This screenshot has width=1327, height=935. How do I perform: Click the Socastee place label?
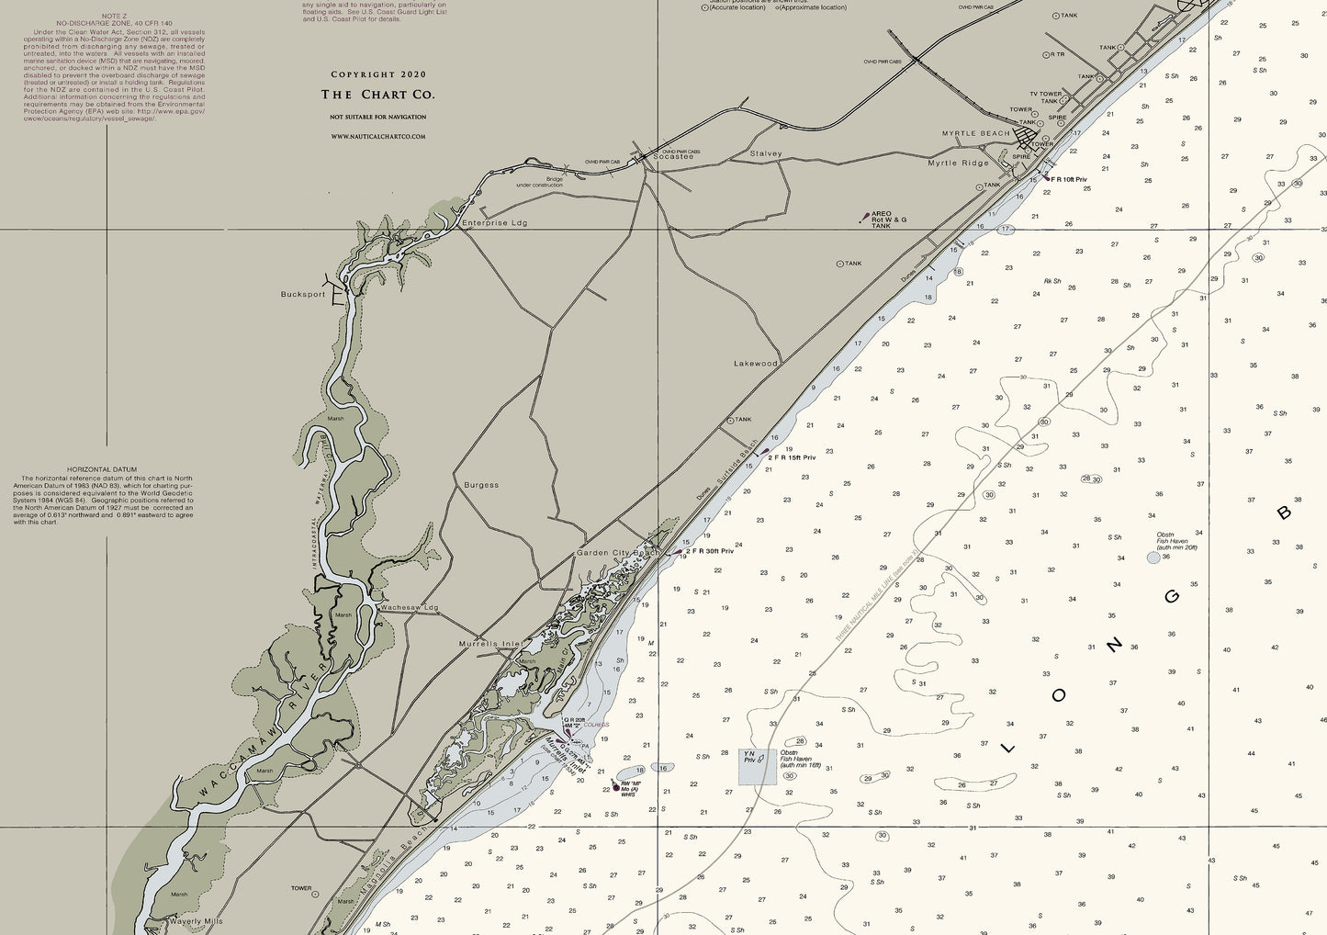[x=673, y=156]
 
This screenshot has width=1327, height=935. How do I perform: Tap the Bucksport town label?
[x=303, y=295]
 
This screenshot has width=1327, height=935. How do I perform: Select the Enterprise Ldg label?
[x=494, y=223]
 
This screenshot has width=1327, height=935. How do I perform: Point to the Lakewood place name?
[x=755, y=364]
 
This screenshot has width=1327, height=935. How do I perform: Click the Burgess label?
[x=481, y=485]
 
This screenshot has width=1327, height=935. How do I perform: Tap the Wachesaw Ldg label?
[x=410, y=608]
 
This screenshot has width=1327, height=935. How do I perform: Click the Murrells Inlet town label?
[x=490, y=644]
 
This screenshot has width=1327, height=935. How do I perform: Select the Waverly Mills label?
[x=196, y=921]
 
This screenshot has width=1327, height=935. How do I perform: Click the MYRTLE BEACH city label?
[x=975, y=133]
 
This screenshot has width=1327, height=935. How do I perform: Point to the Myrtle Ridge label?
[x=958, y=163]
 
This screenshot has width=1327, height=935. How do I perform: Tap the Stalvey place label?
[x=766, y=153]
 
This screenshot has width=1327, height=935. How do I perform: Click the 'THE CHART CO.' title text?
[x=377, y=95]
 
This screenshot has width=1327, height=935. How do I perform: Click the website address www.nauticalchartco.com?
[x=377, y=137]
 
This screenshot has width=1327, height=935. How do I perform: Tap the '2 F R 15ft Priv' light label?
[x=792, y=457]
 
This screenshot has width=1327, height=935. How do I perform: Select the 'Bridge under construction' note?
[x=539, y=182]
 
